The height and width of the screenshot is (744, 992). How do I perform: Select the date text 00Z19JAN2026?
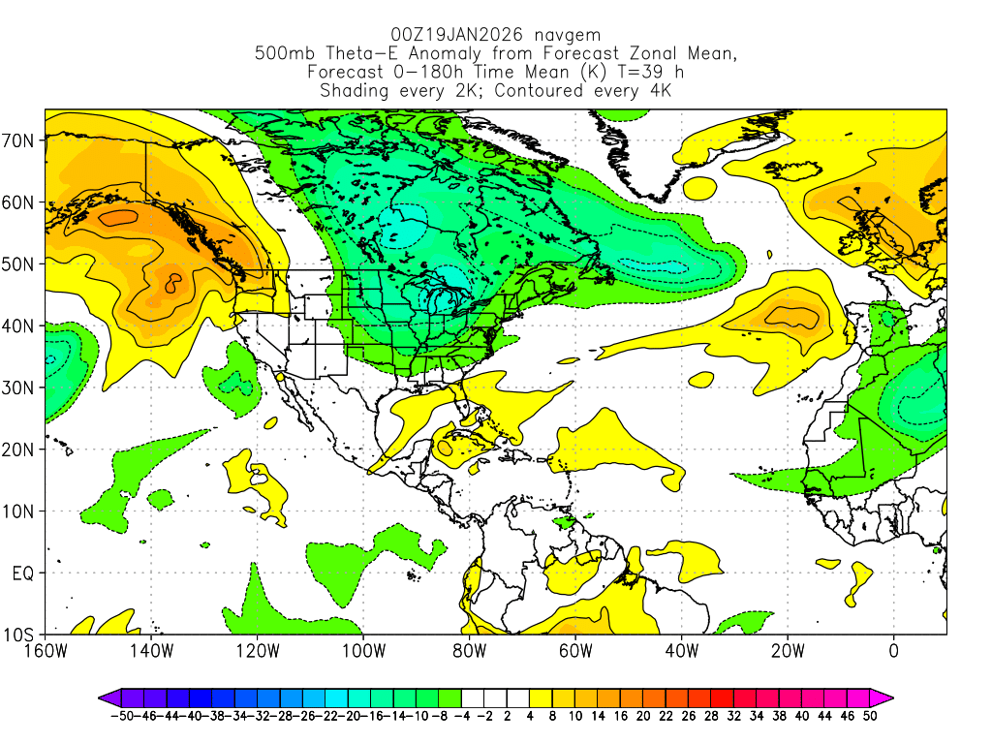pos(449,33)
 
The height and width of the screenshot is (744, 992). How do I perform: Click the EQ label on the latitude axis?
pos(23,573)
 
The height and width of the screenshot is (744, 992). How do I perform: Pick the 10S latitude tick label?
pos(20,635)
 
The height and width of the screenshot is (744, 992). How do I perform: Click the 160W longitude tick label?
pos(46,650)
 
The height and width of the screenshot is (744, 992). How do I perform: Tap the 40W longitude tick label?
pos(681,650)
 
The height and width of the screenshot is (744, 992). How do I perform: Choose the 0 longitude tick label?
pos(893,650)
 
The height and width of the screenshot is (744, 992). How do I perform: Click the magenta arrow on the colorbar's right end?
pos(883,697)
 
